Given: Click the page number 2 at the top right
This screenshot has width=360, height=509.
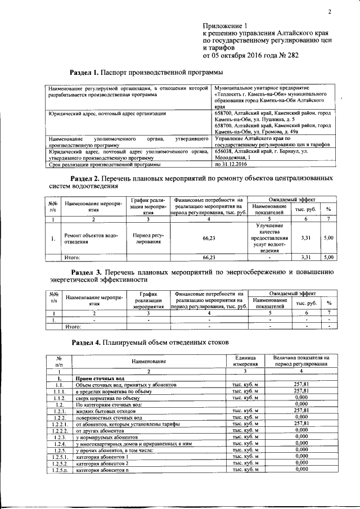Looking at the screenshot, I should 330,12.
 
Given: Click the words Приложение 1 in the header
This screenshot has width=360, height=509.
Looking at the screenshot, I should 225,26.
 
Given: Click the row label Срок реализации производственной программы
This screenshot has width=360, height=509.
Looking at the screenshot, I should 105,165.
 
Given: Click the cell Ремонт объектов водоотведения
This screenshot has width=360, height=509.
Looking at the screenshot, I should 91,239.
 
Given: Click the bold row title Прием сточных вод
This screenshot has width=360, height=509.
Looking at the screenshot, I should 99,379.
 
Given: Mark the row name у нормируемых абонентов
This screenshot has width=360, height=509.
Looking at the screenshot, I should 106,436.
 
